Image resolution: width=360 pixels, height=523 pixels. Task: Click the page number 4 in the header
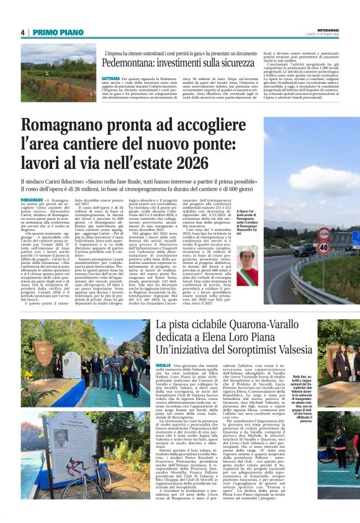pyautogui.click(x=22, y=32)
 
